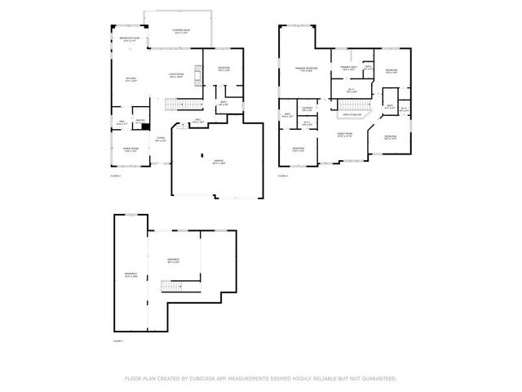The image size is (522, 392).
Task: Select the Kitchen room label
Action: pyautogui.click(x=130, y=80)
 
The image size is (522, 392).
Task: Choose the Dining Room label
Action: pyautogui.click(x=130, y=149)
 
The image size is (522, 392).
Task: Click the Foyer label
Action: pyautogui.click(x=161, y=139)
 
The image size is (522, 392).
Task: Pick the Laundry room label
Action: pyautogui.click(x=307, y=109)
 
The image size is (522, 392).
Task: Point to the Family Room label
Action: pyautogui.click(x=345, y=134)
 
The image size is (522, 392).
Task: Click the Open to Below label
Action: pyautogui.click(x=352, y=115)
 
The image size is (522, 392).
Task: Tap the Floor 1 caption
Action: pyautogui.click(x=116, y=339)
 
